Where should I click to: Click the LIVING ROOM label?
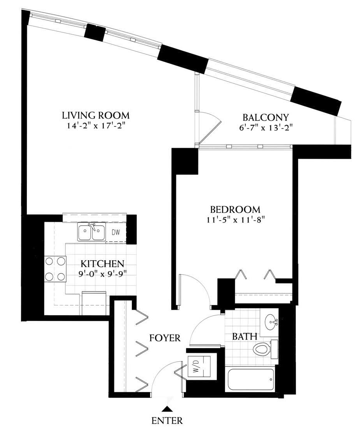pyautogui.click(x=96, y=115)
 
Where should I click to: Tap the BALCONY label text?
pyautogui.click(x=265, y=117)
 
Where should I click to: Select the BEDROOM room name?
pyautogui.click(x=235, y=209)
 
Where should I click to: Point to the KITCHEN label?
pyautogui.click(x=102, y=263)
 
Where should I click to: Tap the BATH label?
pyautogui.click(x=244, y=336)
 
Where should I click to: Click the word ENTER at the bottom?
pyautogui.click(x=167, y=420)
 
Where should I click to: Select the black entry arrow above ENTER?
pyautogui.click(x=167, y=409)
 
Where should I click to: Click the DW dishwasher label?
pyautogui.click(x=116, y=232)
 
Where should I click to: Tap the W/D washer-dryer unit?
pyautogui.click(x=199, y=366)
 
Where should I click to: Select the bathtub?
pyautogui.click(x=250, y=380)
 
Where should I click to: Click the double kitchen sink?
pyautogui.click(x=92, y=232)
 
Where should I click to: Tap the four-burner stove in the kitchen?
pyautogui.click(x=55, y=269)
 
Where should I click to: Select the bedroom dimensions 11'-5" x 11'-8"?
pyautogui.click(x=235, y=219)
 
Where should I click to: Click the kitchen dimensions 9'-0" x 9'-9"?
pyautogui.click(x=103, y=273)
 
